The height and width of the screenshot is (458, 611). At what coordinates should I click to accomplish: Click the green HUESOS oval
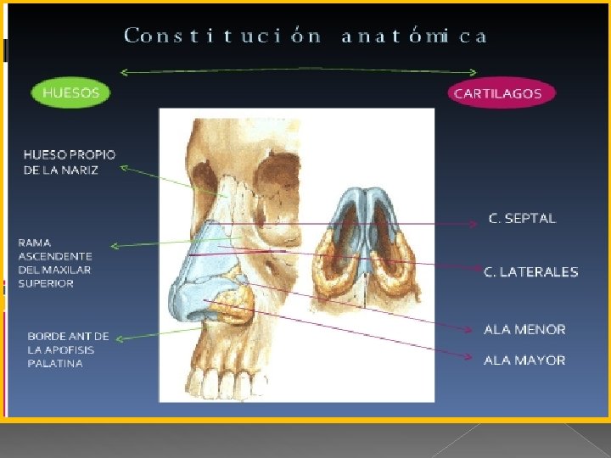tap(71, 92)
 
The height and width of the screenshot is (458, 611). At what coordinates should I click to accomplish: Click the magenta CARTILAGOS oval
tap(497, 93)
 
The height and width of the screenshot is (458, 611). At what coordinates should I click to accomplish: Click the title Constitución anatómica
tap(305, 36)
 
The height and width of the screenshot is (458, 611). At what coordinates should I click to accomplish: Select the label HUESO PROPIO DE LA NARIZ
tap(70, 162)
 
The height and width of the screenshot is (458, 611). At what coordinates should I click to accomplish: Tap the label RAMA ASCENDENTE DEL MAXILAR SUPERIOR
tap(55, 263)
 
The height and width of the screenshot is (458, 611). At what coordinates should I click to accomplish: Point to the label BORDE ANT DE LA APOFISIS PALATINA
tap(68, 349)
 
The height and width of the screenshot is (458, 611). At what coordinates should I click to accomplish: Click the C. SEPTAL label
tap(522, 219)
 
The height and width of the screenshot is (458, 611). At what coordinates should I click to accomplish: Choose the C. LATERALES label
tap(530, 272)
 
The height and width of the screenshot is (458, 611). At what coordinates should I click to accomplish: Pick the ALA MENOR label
tap(524, 329)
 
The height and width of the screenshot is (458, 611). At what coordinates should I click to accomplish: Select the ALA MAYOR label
tap(524, 360)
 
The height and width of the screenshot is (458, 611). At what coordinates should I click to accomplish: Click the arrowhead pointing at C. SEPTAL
tap(474, 225)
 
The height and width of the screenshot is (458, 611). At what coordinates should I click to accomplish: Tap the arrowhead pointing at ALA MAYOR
tap(469, 356)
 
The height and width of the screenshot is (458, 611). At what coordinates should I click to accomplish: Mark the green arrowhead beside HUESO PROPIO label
tap(124, 168)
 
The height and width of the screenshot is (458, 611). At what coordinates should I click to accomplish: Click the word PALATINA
tap(55, 364)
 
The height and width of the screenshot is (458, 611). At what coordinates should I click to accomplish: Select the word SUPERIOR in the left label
tap(46, 283)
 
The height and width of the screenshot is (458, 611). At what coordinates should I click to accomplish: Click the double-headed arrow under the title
tap(299, 70)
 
